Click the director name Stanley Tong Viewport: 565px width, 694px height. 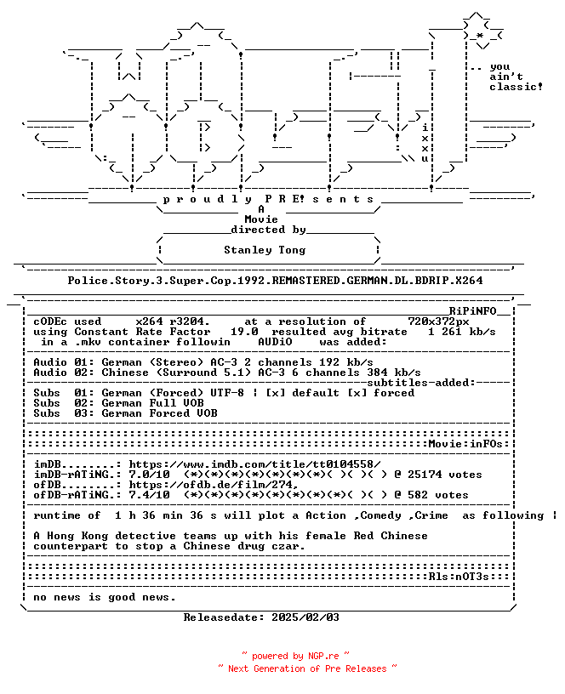(x=265, y=250)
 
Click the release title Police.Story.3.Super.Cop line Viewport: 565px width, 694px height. (x=275, y=281)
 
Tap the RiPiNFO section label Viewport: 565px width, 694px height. (x=473, y=311)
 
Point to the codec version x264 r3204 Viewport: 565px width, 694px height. (x=173, y=321)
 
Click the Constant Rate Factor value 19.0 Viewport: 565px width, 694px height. (x=244, y=332)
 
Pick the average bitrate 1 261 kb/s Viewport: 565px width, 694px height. (x=462, y=332)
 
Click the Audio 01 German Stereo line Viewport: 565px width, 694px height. (x=203, y=362)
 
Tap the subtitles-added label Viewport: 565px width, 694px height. (x=421, y=383)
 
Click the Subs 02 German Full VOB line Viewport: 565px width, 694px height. (x=118, y=403)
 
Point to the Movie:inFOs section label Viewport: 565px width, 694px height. (x=465, y=443)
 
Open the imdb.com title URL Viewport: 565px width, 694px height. (x=254, y=464)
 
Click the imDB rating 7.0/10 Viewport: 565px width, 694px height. (x=149, y=475)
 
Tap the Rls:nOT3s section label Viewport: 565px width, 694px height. (x=459, y=577)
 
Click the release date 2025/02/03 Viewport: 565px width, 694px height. (x=305, y=617)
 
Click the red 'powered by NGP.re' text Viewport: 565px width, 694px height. (x=295, y=656)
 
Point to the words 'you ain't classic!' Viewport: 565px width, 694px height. (x=516, y=77)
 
